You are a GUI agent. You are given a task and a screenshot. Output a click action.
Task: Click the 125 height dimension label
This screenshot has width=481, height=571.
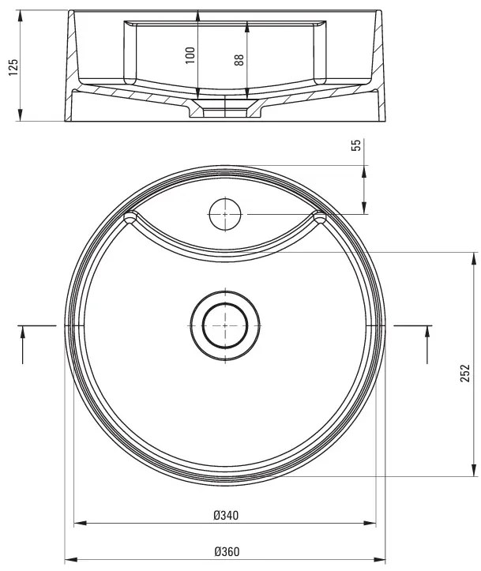click(x=12, y=67)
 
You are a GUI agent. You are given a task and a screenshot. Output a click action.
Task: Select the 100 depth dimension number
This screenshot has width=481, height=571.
click(x=190, y=55)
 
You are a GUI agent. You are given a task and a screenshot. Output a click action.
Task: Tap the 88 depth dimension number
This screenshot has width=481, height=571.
click(x=239, y=61)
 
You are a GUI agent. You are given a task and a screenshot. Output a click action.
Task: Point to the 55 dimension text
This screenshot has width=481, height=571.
click(x=356, y=145)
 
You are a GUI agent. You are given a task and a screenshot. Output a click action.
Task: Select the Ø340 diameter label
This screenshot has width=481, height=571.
click(x=226, y=515)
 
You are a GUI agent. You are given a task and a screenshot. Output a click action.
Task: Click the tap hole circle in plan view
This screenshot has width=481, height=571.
click(x=225, y=214)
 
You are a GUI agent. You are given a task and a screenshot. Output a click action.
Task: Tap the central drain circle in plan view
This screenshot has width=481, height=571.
click(x=225, y=325)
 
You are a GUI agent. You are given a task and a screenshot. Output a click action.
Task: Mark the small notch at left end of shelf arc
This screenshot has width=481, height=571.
click(x=130, y=217)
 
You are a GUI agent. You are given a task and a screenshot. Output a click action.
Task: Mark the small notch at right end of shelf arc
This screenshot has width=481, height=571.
click(x=320, y=217)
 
